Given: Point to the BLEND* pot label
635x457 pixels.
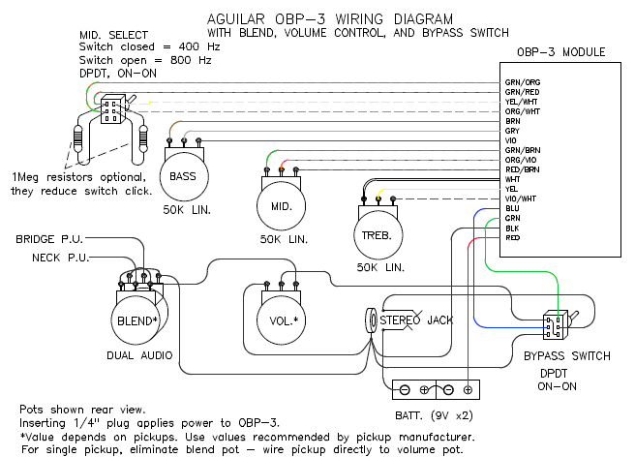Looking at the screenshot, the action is [x=136, y=321].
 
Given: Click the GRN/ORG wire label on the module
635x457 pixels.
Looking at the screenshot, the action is [x=523, y=82].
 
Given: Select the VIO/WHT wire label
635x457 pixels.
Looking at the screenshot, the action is [x=521, y=198].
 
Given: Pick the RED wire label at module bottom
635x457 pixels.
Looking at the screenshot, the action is [x=513, y=238].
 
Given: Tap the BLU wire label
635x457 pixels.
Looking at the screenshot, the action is [x=512, y=208].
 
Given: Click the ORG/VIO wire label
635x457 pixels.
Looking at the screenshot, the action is [x=521, y=160].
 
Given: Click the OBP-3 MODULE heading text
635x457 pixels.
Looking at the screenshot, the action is [x=560, y=52].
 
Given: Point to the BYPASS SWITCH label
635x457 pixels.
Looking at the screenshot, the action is [x=567, y=356].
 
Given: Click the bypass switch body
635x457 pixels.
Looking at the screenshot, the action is [x=555, y=325].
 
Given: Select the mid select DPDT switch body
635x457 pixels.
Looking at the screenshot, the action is [x=112, y=109].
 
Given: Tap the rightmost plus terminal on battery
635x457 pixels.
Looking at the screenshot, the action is [x=468, y=390].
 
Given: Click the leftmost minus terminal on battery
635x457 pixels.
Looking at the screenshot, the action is [x=405, y=390].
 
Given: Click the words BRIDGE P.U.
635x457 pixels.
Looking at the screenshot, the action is [x=49, y=239].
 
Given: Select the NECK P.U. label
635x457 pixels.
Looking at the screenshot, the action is [x=61, y=258].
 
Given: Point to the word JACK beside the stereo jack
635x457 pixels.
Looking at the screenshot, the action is [x=440, y=320].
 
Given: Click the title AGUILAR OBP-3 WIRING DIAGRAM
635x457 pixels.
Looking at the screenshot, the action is [x=330, y=19].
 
